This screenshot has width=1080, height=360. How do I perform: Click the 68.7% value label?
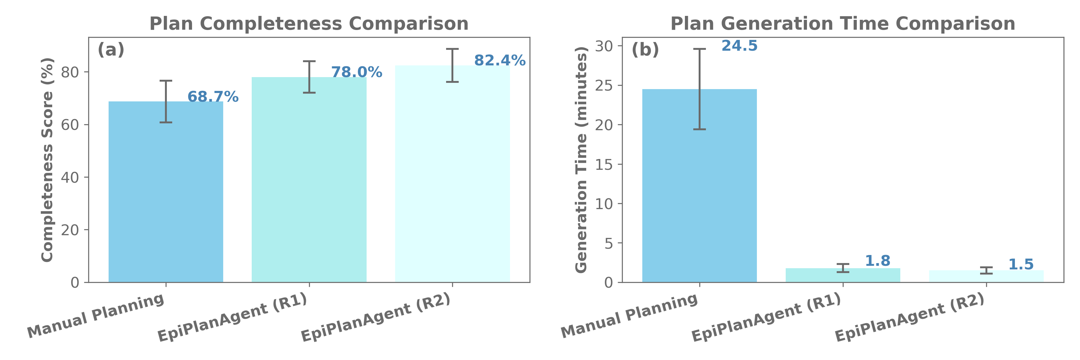213,97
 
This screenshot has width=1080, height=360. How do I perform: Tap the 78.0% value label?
356,73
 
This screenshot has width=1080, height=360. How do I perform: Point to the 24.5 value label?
739,46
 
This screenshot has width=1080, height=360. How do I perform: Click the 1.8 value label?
877,261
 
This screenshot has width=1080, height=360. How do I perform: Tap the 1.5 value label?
1021,264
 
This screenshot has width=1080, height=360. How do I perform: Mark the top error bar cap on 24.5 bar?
699,49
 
